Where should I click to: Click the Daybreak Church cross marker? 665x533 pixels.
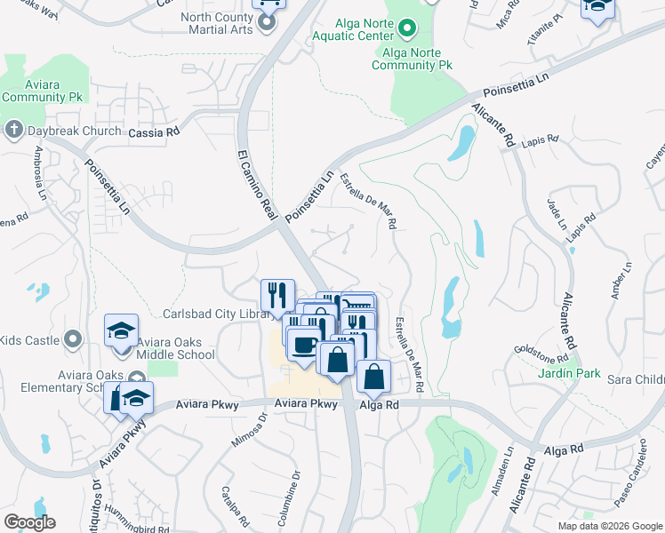13,131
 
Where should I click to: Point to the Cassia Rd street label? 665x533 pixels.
154,131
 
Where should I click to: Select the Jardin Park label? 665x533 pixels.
569,374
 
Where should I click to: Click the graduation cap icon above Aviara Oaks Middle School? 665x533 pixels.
122,331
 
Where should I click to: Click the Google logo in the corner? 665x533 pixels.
30,521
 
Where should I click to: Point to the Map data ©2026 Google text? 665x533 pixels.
610,526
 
